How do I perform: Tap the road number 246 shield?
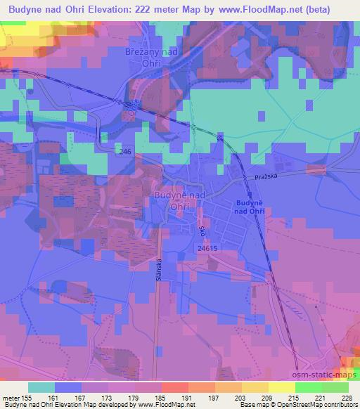(x=125, y=151)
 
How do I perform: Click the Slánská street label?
(x=158, y=269)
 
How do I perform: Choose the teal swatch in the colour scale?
(x=41, y=387)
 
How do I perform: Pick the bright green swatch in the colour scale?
(x=308, y=387)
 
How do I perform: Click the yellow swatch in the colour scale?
(x=281, y=387)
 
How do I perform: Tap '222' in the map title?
(x=168, y=8)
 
